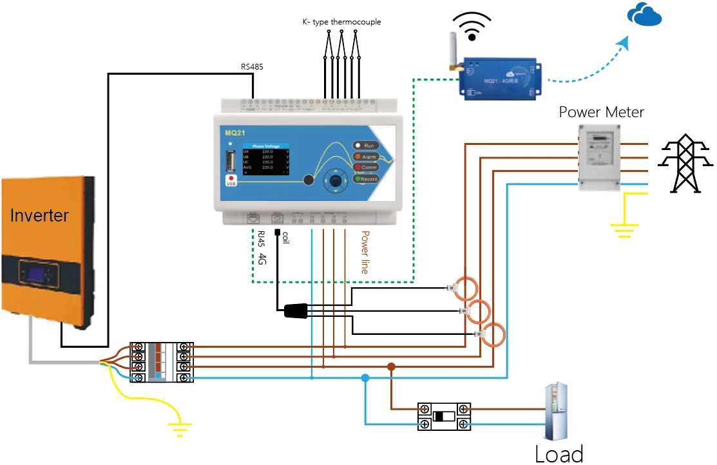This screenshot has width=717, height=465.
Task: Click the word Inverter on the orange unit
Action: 39,215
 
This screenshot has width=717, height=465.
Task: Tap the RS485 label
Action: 252,66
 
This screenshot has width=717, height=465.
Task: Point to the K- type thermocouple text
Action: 341,22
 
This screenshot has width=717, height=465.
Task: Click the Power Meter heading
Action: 601,112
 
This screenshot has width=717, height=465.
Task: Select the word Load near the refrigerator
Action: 559,453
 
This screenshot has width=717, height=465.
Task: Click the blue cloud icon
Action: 645,15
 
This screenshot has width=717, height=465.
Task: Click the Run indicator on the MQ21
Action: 365,146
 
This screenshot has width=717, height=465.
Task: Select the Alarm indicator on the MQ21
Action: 365,157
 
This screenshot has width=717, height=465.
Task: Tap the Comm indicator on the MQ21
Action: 365,167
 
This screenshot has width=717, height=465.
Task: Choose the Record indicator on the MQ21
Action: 365,179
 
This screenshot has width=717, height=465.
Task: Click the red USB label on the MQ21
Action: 231,182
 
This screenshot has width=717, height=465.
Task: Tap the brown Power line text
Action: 365,252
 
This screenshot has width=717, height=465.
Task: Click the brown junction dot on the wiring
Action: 391,366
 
